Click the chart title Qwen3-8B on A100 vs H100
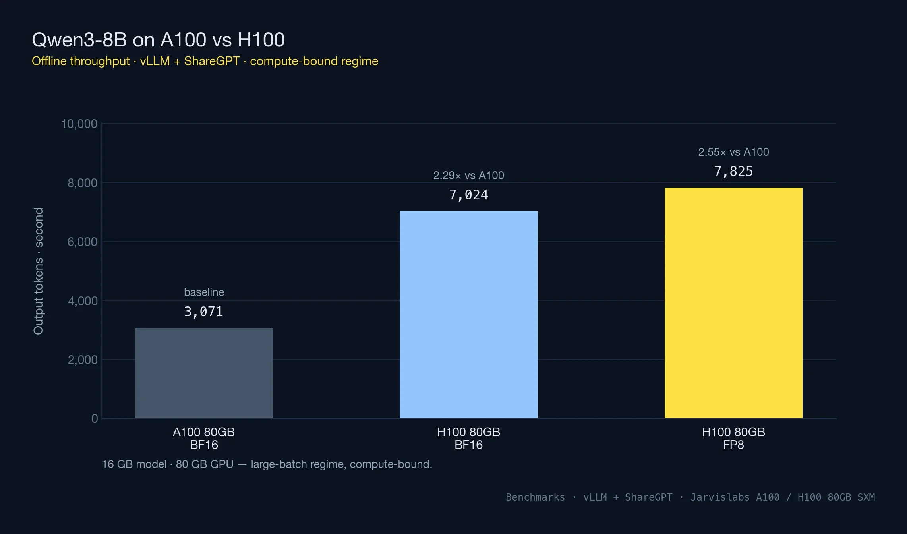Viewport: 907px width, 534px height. click(x=158, y=40)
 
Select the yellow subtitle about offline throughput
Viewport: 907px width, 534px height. click(x=205, y=61)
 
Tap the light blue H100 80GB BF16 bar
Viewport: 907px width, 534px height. click(x=468, y=314)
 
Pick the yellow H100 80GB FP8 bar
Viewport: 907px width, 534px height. click(x=733, y=302)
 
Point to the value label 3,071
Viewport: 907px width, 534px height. click(x=203, y=311)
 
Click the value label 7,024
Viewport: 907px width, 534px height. click(x=468, y=195)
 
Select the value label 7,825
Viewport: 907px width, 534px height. click(x=733, y=171)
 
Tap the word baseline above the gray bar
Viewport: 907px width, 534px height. click(x=204, y=292)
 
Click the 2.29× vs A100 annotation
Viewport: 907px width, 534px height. click(x=468, y=175)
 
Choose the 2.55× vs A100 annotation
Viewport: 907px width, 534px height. click(x=733, y=152)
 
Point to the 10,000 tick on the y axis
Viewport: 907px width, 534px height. click(x=79, y=124)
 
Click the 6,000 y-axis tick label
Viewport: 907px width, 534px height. click(x=82, y=242)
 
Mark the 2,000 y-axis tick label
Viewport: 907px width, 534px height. click(x=82, y=360)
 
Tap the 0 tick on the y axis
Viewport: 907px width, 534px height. click(x=95, y=418)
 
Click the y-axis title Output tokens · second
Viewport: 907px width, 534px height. click(x=38, y=271)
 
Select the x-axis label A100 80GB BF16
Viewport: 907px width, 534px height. click(x=204, y=438)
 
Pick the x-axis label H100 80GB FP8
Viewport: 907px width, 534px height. click(x=733, y=438)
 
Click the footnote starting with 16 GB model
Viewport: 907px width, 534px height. click(x=267, y=464)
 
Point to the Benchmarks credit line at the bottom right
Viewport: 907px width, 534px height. click(x=690, y=497)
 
